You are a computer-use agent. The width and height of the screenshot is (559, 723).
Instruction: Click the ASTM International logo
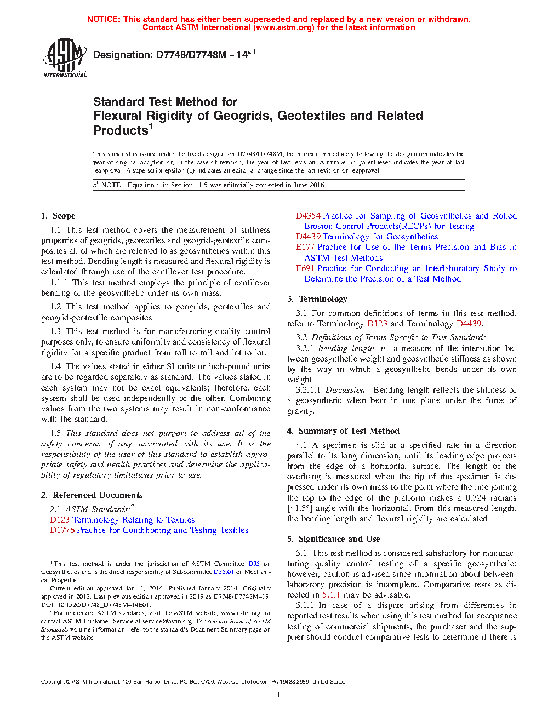pos(65,58)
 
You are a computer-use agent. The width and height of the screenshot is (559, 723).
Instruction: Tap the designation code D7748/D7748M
pos(191,55)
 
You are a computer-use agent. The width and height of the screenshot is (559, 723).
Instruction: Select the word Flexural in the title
pos(118,116)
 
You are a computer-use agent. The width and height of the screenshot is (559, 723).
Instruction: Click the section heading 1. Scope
pos(58,216)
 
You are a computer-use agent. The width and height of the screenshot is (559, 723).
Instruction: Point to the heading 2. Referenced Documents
pos(92,495)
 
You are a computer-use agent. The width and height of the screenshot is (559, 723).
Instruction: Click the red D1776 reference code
pos(62,530)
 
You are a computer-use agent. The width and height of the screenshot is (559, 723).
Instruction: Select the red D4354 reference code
pos(308,216)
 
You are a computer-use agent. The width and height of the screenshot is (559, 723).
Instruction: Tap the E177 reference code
pos(305,247)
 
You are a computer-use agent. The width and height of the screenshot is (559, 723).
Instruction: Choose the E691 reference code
pos(305,268)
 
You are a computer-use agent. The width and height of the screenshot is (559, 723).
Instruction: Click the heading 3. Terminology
pos(317,299)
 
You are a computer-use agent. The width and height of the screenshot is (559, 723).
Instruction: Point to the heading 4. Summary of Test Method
pos(344,431)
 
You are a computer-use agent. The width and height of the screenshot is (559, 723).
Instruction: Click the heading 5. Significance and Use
pos(334,539)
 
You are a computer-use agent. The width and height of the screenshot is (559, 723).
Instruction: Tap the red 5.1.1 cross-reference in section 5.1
pos(331,595)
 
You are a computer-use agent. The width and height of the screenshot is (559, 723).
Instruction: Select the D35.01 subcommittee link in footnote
pos(224,572)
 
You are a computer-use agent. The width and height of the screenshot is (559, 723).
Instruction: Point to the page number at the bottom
pos(279,695)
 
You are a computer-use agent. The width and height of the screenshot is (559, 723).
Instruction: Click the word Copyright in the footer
pos(53,682)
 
